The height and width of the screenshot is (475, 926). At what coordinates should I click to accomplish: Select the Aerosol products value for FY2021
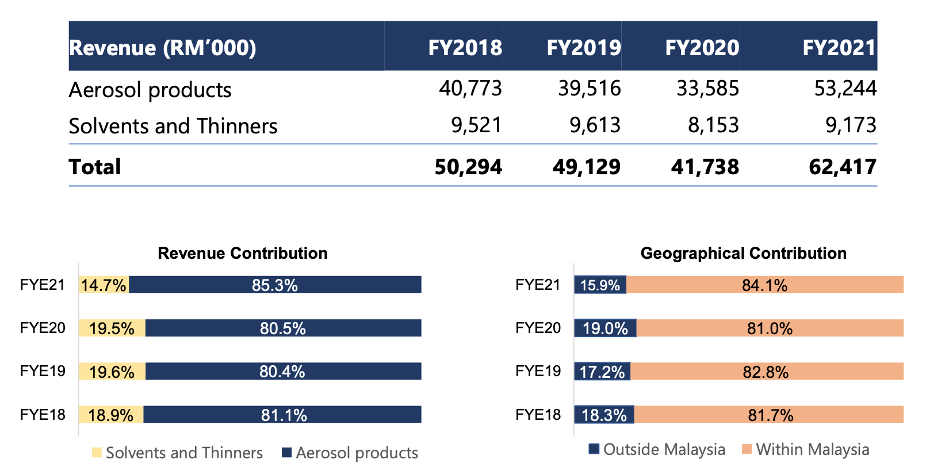(845, 89)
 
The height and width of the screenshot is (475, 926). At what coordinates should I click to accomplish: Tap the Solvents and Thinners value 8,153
(713, 125)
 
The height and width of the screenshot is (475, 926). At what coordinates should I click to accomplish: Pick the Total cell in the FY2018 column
(468, 167)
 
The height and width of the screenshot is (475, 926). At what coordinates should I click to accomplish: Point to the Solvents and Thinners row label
(173, 126)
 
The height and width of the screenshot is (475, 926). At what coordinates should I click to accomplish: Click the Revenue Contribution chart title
(243, 253)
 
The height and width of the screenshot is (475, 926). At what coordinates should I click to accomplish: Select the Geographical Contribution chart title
(743, 253)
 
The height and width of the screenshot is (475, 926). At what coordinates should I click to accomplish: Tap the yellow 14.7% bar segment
(104, 285)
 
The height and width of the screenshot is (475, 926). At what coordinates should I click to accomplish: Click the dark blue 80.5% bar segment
(283, 328)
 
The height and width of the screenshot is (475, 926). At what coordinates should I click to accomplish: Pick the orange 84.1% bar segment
(764, 285)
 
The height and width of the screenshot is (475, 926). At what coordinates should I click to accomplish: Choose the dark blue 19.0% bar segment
(605, 328)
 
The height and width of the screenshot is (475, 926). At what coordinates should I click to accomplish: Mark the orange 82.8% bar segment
(766, 371)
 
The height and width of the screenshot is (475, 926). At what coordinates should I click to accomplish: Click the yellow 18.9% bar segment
(110, 415)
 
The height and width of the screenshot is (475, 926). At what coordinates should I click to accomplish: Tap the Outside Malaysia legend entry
(657, 449)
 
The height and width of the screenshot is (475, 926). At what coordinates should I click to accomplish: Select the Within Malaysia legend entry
(806, 449)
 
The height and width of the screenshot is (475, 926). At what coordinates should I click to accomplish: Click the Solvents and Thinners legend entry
(177, 453)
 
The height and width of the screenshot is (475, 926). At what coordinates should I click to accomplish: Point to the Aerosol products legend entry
(350, 453)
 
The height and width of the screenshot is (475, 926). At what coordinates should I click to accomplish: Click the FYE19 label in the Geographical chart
(538, 371)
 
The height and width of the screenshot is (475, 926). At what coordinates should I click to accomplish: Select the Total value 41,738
(705, 167)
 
